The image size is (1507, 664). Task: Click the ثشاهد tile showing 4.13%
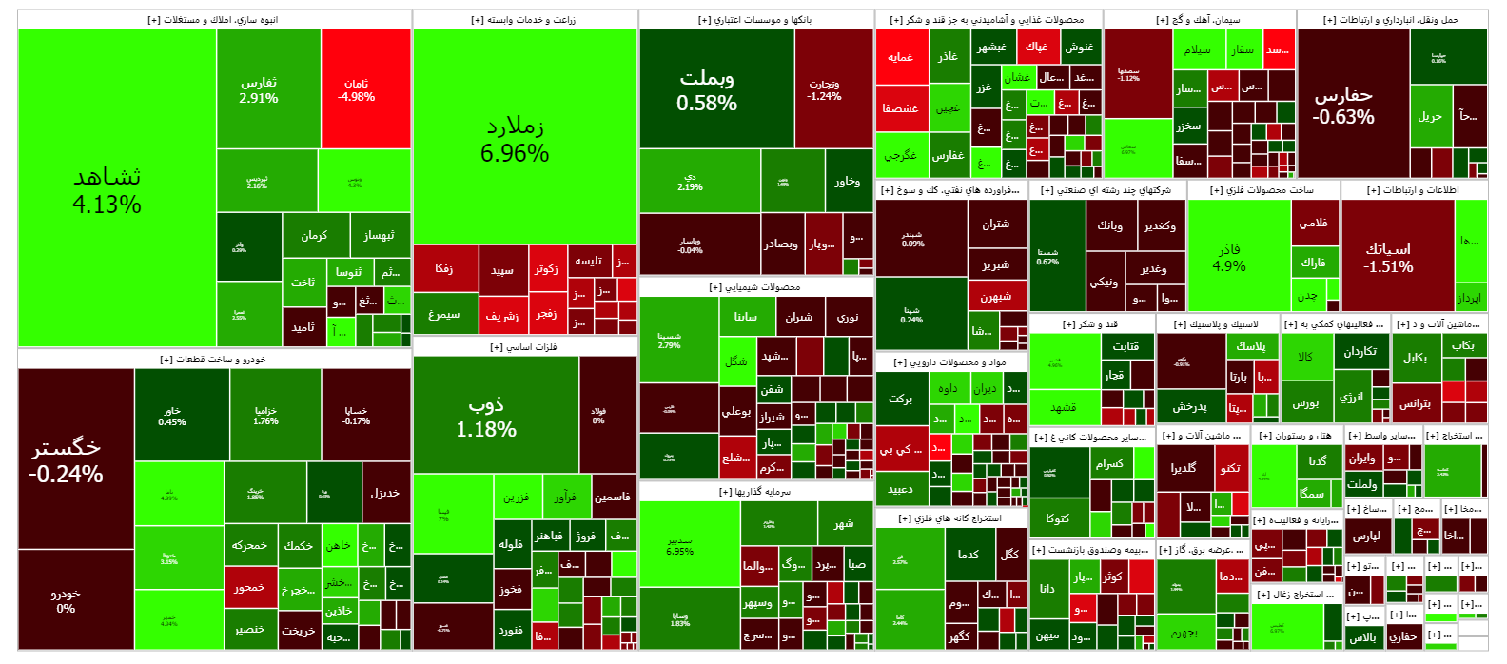tap(107, 189)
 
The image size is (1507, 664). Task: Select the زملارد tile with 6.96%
tap(515, 139)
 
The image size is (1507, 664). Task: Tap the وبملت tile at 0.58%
tap(707, 89)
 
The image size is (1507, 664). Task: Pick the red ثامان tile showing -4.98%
tap(357, 89)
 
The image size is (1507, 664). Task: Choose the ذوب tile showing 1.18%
tap(486, 416)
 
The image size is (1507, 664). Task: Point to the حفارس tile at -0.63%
tap(1343, 105)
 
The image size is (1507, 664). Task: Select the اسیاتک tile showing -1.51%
tap(1388, 257)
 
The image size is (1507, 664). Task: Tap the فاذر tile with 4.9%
tap(1229, 257)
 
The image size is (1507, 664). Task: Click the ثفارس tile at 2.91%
tap(259, 89)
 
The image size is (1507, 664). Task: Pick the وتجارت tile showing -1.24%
tap(824, 89)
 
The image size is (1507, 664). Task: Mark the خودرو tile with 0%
tap(66, 600)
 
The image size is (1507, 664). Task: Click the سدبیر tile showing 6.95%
tap(680, 546)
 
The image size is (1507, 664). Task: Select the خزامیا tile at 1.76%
tap(266, 416)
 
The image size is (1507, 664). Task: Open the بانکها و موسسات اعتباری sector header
tap(755, 20)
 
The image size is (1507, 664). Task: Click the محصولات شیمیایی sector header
tap(755, 286)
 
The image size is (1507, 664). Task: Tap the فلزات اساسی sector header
tap(524, 347)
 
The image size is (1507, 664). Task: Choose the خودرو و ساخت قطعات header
tap(214, 359)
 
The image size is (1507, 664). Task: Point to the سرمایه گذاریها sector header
tap(755, 492)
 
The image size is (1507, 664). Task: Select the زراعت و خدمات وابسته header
tap(524, 20)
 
